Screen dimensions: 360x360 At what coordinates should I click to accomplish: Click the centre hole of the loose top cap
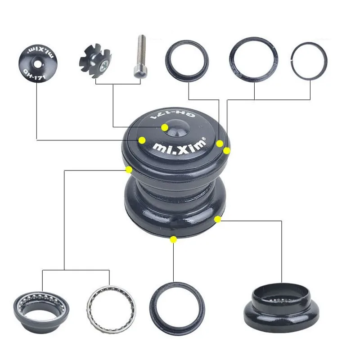click(38, 64)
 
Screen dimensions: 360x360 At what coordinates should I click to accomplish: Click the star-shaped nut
click(95, 61)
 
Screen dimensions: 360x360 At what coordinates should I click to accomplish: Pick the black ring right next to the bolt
click(187, 61)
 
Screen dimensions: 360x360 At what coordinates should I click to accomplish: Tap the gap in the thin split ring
click(292, 60)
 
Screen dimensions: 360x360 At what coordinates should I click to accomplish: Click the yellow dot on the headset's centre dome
click(165, 128)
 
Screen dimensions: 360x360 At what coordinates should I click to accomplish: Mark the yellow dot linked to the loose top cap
click(142, 140)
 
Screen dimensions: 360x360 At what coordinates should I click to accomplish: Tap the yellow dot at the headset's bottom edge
click(174, 239)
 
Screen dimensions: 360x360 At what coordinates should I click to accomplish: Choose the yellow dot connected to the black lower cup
click(218, 219)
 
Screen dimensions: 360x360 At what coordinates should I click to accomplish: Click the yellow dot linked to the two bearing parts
click(129, 170)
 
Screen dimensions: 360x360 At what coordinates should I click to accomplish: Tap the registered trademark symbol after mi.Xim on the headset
click(203, 139)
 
